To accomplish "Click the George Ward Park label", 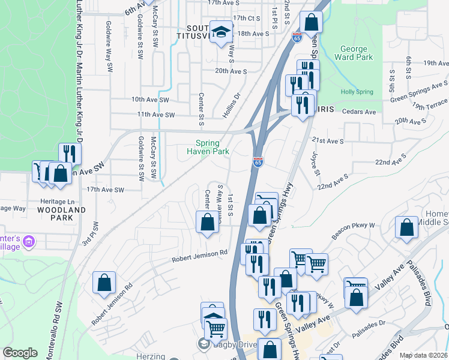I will [357, 53].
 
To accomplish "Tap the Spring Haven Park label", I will [212, 147].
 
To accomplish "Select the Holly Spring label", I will [357, 92].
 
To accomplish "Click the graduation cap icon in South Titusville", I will [221, 31].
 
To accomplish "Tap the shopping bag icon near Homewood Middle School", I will [406, 228].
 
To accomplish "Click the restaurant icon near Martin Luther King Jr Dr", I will [70, 154].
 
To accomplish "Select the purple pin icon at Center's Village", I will [29, 242].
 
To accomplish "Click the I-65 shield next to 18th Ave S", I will [297, 37].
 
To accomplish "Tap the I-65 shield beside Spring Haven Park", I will [258, 163].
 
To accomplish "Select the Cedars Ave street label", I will [358, 112].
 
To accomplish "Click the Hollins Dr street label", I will [232, 104].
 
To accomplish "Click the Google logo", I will [20, 353].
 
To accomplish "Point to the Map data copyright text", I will [424, 355].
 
